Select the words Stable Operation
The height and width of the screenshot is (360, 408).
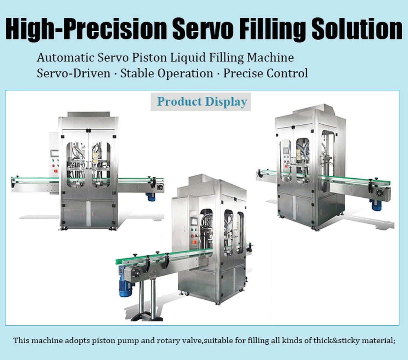click(167, 73)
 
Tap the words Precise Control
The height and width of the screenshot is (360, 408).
click(265, 73)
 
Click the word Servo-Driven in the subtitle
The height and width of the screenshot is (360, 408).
click(74, 73)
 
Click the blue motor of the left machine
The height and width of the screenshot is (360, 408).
click(151, 197)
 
